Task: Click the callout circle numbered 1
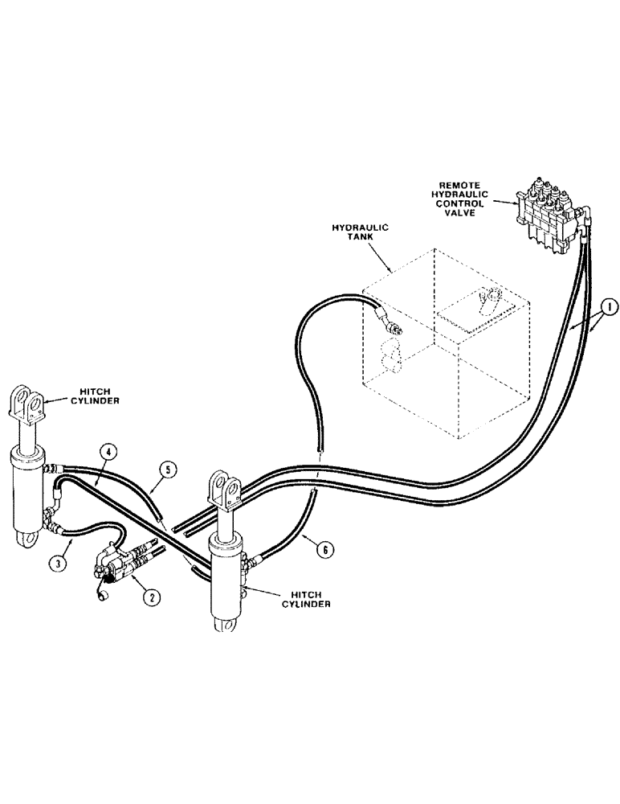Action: click(609, 306)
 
